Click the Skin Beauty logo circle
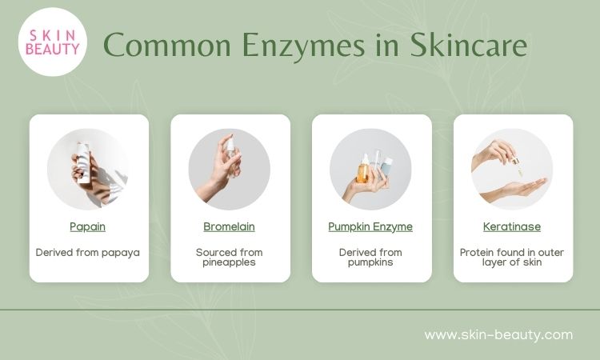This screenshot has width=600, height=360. click(53, 42)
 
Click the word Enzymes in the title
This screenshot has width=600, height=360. click(303, 46)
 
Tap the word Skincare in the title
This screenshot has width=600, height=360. click(469, 45)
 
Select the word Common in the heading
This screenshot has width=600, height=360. click(167, 45)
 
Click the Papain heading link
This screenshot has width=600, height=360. click(88, 226)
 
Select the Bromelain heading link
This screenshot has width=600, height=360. click(230, 226)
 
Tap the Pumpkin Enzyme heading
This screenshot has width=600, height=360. click(370, 226)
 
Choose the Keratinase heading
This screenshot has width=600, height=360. click(512, 226)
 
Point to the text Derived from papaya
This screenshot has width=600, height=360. click(88, 253)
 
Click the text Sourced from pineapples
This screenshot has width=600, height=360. click(230, 258)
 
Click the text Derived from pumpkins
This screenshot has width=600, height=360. click(370, 258)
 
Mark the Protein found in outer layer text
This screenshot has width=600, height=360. click(512, 258)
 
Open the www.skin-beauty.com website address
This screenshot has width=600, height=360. click(498, 334)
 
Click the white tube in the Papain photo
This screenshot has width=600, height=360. click(84, 162)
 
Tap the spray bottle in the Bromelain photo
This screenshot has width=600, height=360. click(230, 157)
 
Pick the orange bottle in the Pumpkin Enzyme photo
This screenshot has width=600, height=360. click(362, 169)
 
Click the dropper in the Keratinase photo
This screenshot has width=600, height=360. click(517, 166)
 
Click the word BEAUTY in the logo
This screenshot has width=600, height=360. click(53, 49)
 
